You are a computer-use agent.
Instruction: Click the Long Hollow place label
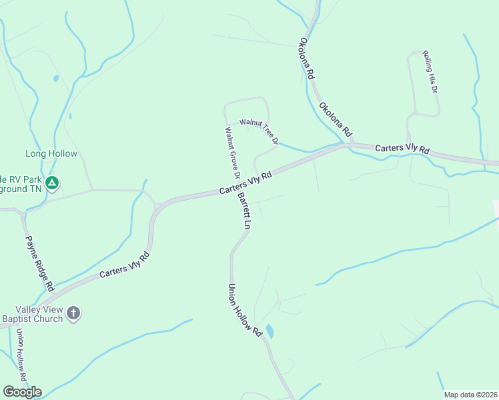tap(51, 154)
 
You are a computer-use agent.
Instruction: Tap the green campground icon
tap(53, 182)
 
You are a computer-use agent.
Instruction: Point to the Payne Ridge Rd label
tap(39, 263)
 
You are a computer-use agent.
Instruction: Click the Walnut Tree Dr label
tap(259, 130)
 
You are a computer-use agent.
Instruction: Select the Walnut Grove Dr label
tap(232, 154)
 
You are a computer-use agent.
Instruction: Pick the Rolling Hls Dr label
tap(430, 71)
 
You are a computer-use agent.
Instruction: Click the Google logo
tap(22, 392)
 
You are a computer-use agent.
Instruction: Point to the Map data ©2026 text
tap(471, 395)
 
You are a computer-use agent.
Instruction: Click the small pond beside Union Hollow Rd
tap(269, 331)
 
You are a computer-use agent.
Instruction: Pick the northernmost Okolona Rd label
tap(307, 59)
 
